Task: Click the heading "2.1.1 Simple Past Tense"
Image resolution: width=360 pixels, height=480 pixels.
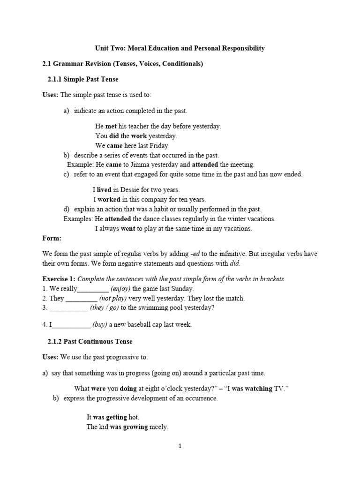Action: coord(83,79)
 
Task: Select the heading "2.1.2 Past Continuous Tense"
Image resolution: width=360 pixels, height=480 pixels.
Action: coord(90,342)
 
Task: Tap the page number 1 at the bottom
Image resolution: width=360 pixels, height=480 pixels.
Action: coord(180,446)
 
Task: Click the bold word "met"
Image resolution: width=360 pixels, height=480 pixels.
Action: coord(111,127)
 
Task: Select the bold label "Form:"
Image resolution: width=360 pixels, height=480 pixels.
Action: coord(52,238)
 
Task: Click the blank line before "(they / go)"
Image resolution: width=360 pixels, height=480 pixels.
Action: coord(68,308)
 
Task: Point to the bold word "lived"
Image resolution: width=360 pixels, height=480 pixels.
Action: coord(104,190)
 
